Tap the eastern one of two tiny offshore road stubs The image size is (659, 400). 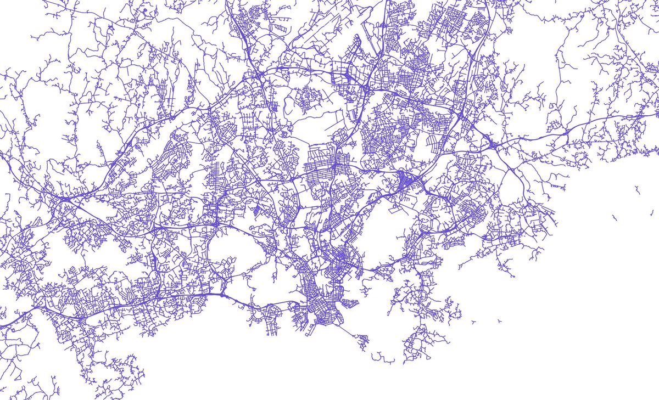point(499,320)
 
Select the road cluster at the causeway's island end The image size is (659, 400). point(362,341)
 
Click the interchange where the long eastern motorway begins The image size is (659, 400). point(495,145)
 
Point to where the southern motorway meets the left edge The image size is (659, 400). point(2,327)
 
